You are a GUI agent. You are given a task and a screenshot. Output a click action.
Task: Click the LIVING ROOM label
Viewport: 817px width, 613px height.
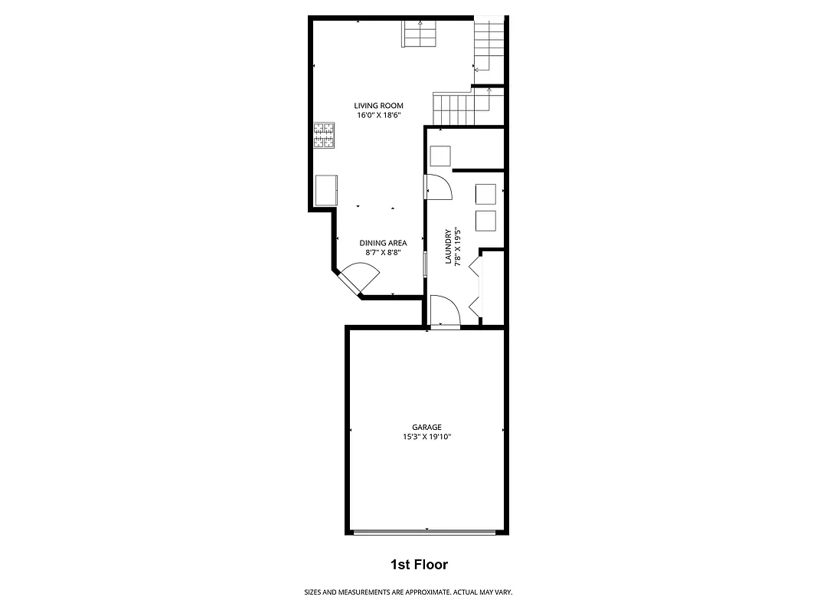point(378,106)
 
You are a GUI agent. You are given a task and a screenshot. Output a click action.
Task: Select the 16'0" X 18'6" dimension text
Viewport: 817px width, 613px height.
point(378,116)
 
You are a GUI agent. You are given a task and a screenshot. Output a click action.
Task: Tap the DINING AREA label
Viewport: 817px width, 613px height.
point(383,243)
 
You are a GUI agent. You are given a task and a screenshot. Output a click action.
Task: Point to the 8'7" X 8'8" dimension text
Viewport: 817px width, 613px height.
point(383,252)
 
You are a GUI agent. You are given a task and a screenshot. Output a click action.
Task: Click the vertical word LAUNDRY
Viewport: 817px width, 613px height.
point(449,247)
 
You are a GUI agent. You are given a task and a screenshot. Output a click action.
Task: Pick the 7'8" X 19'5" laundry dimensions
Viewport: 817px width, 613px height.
point(457,247)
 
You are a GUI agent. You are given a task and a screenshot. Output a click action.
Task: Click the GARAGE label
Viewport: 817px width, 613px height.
point(426,428)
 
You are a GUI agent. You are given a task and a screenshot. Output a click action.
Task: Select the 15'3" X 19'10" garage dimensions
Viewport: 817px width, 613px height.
point(426,437)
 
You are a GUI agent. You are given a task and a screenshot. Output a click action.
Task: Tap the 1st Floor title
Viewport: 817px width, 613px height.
point(419,565)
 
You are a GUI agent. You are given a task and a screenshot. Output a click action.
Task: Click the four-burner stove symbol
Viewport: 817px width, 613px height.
point(324,136)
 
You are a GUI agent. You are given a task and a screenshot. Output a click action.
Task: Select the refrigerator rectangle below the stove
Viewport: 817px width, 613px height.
point(327,190)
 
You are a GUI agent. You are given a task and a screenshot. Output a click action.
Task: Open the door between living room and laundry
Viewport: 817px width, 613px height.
point(438,187)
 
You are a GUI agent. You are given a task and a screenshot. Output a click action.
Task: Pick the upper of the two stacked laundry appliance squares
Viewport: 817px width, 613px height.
point(486,194)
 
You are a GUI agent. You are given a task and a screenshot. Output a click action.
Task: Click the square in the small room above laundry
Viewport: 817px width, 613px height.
point(440,156)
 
